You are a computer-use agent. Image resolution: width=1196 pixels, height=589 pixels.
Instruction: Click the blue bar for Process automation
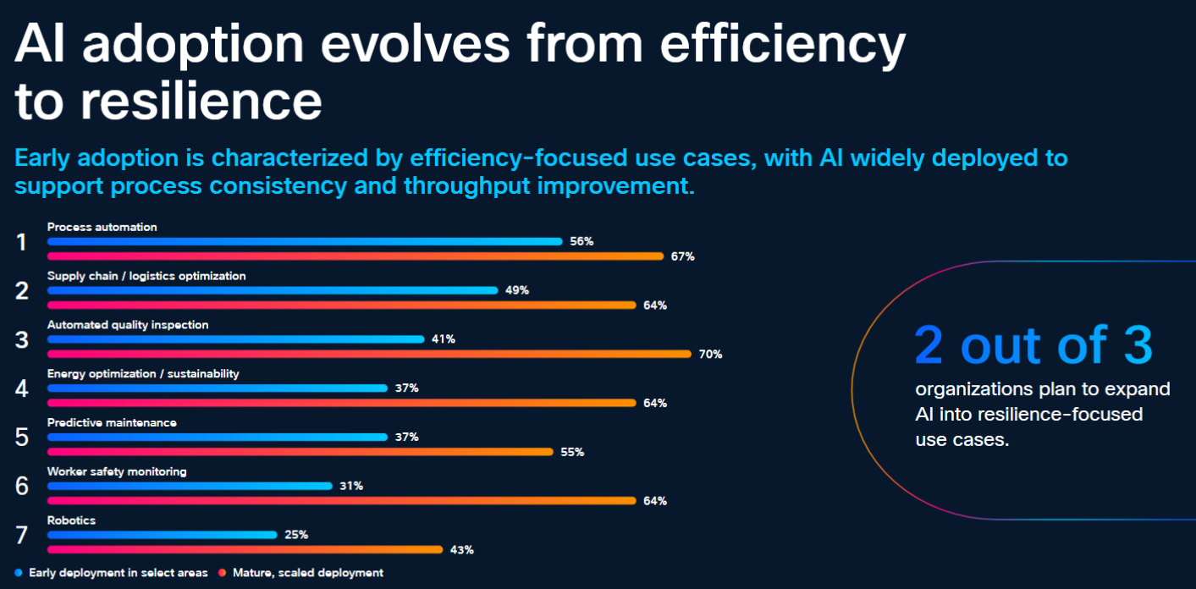305,241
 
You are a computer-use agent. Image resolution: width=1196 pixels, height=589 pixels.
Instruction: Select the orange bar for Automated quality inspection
370,354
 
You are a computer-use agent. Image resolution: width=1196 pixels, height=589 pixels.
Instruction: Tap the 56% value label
581,241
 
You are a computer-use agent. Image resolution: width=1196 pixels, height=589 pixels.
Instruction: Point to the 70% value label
711,354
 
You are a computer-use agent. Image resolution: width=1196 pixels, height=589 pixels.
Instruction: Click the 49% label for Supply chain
517,290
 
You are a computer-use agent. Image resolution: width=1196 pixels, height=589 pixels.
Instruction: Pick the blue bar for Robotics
163,535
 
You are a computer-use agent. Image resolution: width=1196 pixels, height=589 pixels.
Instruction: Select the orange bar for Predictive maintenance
300,452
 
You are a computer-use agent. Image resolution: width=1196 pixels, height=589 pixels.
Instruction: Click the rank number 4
21,388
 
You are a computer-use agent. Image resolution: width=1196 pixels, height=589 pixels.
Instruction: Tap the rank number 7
21,535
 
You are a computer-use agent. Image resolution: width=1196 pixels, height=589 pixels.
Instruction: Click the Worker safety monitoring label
117,471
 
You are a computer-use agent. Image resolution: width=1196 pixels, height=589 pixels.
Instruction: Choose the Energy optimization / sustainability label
143,374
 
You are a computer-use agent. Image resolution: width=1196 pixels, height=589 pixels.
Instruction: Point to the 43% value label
462,549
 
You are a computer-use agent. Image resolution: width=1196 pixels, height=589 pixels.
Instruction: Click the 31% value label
351,486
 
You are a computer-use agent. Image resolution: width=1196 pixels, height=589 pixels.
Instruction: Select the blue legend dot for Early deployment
19,573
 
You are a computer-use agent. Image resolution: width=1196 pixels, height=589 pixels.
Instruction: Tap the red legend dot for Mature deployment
222,573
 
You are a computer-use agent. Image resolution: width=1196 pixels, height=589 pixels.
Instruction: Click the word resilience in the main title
201,101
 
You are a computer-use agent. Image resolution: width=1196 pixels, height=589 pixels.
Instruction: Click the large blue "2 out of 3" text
1033,345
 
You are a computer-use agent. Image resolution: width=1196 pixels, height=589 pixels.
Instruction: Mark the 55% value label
572,452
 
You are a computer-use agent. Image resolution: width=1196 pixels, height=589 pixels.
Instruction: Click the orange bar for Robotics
245,549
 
